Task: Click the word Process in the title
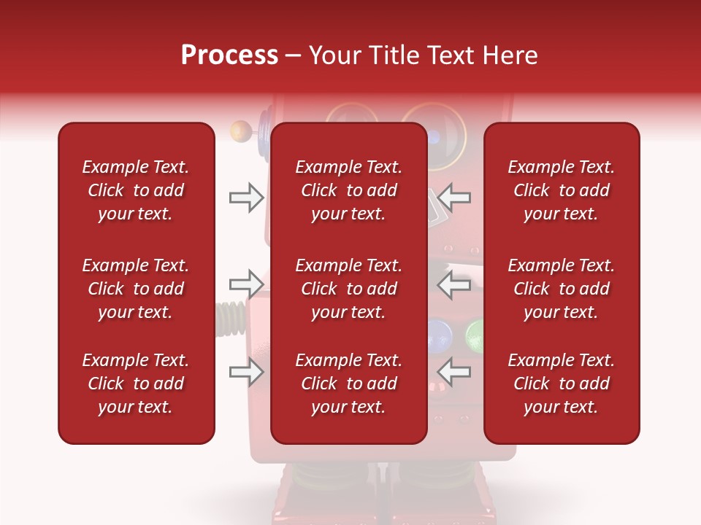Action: (229, 55)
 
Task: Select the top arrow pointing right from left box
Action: (246, 198)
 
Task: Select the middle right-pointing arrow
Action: (246, 284)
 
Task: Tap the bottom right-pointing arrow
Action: (246, 372)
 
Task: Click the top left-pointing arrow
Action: (454, 197)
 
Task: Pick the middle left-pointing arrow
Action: (454, 284)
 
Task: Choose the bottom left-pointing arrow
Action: (454, 372)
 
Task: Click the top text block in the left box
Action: (136, 190)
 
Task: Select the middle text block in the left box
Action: (136, 289)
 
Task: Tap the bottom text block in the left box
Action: (136, 384)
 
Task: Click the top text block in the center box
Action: (349, 190)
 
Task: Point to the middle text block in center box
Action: (349, 289)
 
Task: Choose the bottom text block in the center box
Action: (349, 384)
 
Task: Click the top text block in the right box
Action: (562, 190)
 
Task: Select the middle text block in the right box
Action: (562, 289)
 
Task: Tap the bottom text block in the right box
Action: (562, 384)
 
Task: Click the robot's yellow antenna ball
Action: (238, 132)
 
